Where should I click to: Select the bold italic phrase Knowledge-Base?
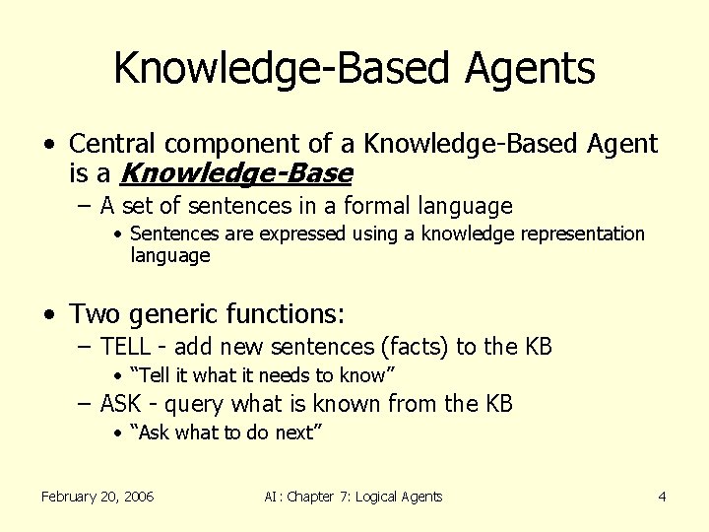(x=235, y=174)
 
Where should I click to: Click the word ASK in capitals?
(x=122, y=404)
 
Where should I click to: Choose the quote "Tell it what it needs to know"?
(x=262, y=375)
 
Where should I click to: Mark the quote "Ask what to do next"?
(x=226, y=433)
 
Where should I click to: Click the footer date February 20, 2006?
(x=97, y=497)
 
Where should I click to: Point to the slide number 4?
(x=663, y=497)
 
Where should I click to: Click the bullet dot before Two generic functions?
(x=49, y=315)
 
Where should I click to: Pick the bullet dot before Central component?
(x=49, y=145)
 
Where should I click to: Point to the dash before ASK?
(x=86, y=404)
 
